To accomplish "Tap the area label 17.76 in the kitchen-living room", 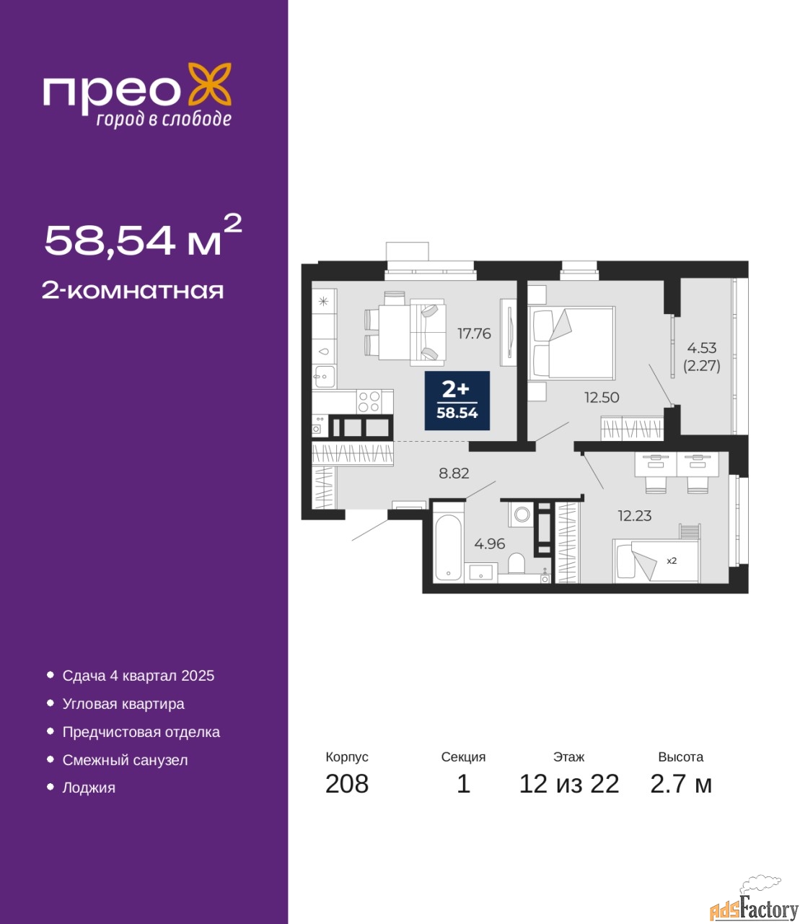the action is point(474,334).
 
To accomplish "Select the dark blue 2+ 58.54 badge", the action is point(457,400).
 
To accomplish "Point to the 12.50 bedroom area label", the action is point(602,398).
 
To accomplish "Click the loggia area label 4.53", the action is point(702,347).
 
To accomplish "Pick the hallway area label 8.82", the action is point(454,473).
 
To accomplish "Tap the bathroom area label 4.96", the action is point(490,544).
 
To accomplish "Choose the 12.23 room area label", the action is point(635,516).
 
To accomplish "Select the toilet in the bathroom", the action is point(517,563).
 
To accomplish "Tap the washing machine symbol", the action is point(522,515).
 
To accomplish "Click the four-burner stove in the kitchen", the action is point(369,401).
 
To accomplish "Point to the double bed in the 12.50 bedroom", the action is point(571,343).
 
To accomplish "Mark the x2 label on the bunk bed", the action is point(672,561).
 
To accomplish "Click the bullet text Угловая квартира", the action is point(123,704).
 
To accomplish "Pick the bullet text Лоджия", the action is point(89,788).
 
